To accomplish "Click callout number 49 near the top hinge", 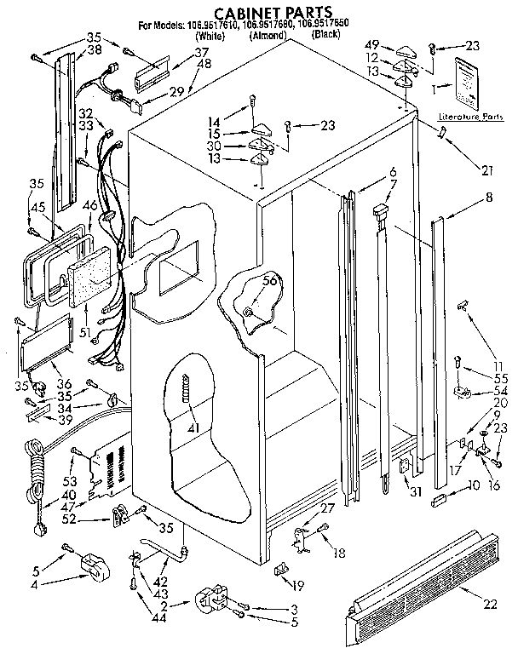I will tap(371, 44).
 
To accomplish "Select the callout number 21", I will tap(486, 170).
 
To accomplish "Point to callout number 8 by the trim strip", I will tap(488, 198).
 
